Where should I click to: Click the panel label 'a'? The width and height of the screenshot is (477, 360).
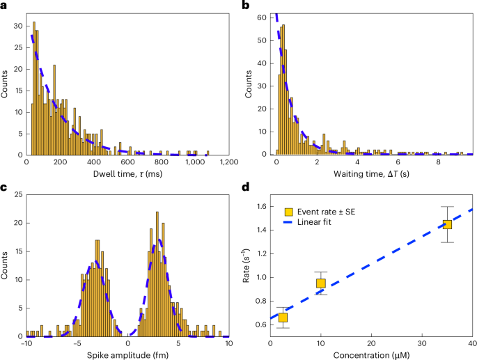(6, 6)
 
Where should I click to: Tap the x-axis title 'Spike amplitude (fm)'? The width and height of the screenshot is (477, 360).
(128, 353)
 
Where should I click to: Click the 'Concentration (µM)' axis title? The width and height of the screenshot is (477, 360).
(371, 353)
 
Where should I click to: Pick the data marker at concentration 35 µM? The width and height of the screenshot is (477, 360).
(447, 224)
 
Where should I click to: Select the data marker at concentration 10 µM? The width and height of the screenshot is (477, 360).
(321, 283)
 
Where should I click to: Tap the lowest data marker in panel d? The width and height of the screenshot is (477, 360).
(283, 318)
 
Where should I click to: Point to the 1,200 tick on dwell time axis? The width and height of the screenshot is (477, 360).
(229, 162)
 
